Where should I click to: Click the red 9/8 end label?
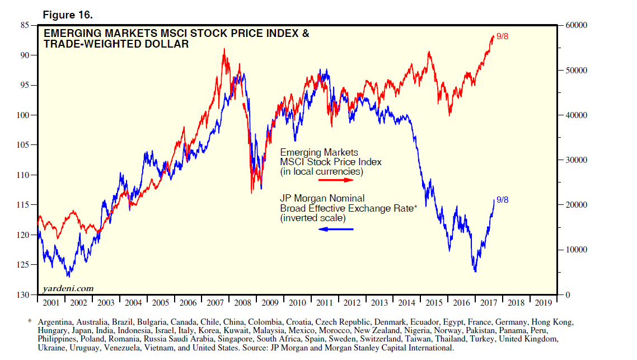coord(502,37)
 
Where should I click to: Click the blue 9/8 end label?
coord(502,200)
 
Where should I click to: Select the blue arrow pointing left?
coord(337,229)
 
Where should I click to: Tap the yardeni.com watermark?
coord(68,288)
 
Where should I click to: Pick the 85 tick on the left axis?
coord(25,26)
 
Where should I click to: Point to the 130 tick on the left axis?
coord(23,295)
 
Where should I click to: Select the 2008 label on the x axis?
coord(242,303)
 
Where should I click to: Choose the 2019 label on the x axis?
coord(543,303)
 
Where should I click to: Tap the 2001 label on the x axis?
coord(51,303)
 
